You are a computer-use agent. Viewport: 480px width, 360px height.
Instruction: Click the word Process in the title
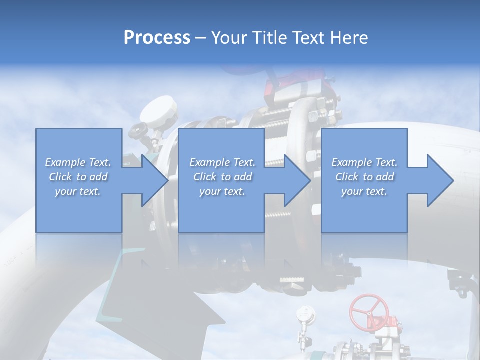pos(157,38)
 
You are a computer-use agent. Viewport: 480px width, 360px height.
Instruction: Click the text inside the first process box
pos(78,177)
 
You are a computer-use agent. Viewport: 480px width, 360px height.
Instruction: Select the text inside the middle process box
pos(222,177)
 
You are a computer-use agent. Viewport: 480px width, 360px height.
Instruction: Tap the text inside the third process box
pos(364,177)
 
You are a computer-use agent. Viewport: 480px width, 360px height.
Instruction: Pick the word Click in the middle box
pos(204,177)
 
